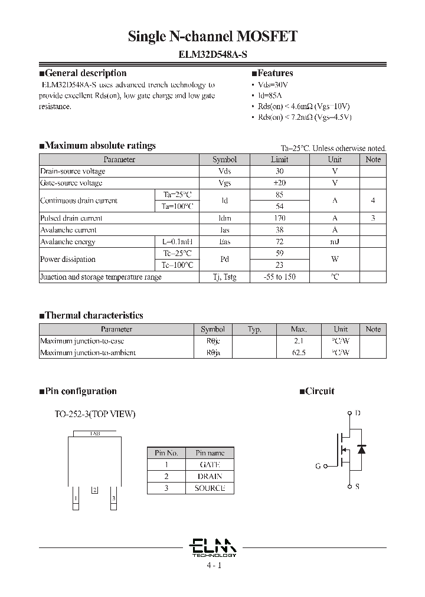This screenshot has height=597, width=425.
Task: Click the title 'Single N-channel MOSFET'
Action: [212, 37]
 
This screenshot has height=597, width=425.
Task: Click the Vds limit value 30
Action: [279, 171]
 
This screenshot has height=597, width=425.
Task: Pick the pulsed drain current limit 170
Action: [279, 218]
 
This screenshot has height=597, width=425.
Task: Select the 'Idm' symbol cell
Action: [224, 218]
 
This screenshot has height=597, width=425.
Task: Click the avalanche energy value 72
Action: [279, 242]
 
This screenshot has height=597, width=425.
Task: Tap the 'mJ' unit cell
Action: [335, 242]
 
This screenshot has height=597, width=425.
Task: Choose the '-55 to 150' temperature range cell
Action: [279, 277]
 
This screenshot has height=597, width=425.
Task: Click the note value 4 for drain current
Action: [372, 201]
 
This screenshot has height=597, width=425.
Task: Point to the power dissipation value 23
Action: [279, 265]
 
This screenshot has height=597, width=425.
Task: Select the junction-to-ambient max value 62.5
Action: [299, 353]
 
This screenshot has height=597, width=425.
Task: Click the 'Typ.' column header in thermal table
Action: [254, 329]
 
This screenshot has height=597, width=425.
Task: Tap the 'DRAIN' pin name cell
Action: [210, 477]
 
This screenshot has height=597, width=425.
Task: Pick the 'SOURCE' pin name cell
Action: [210, 488]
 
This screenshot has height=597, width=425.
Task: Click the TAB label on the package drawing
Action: [95, 433]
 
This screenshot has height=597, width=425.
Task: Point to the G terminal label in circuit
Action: [318, 466]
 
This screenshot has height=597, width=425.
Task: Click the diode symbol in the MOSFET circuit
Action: [361, 450]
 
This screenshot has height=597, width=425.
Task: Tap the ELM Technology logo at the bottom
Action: [214, 546]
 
